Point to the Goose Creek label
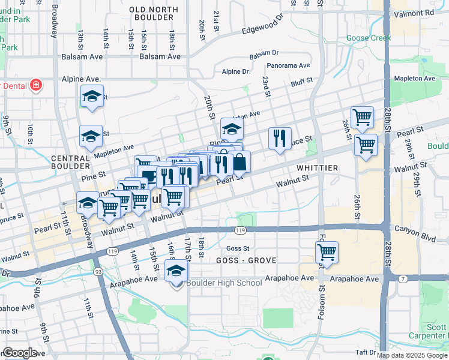(369, 38)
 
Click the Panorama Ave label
(289, 65)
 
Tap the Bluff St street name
(302, 81)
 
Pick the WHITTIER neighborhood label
(316, 168)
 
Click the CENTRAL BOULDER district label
(71, 163)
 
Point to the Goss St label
(238, 248)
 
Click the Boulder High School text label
(224, 283)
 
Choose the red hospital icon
(36, 85)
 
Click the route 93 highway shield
(98, 271)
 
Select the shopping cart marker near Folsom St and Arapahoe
(327, 253)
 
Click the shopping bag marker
(240, 161)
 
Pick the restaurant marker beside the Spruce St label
(280, 139)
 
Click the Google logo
(20, 353)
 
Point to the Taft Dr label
(365, 352)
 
